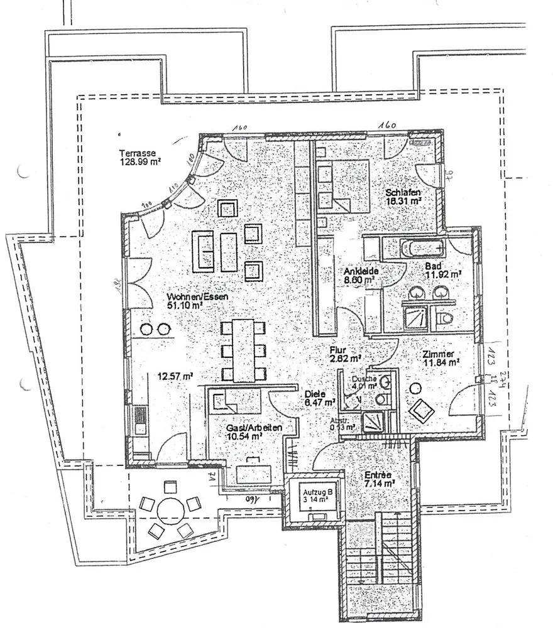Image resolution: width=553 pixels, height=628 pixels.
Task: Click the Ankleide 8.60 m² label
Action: pos(359,276)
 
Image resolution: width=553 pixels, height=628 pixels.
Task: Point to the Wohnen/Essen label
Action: pos(197,301)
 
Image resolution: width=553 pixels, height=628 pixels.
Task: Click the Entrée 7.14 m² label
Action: pos(379,480)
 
